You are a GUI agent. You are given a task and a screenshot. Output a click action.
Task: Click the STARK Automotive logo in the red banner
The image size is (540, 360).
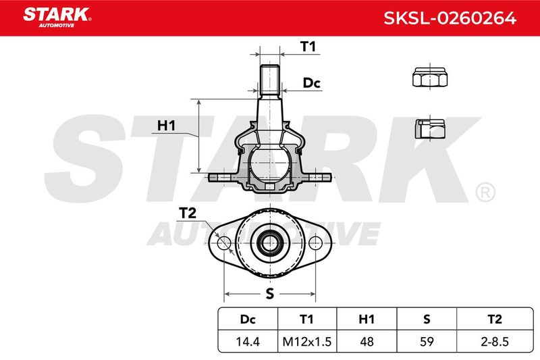point(57,17)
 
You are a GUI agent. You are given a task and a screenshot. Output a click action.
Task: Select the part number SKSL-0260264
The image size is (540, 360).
point(450,18)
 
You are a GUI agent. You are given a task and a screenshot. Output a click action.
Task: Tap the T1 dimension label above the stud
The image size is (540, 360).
point(308,47)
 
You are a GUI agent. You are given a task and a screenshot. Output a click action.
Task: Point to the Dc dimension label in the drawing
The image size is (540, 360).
point(311,83)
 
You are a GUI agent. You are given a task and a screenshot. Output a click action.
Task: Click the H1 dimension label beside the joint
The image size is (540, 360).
point(166,126)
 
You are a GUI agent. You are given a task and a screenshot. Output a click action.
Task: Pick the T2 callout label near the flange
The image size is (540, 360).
point(188,213)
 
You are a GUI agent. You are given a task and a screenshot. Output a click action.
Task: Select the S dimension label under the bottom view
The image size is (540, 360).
point(270,294)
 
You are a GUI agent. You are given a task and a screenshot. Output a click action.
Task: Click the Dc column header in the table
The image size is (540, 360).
point(248,319)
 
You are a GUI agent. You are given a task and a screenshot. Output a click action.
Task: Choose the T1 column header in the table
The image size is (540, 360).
point(306,319)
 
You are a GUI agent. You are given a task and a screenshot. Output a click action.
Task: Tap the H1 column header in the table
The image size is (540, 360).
point(367,319)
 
